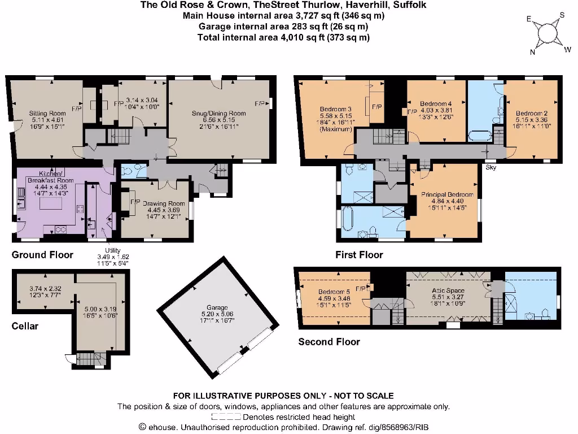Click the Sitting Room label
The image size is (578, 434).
coord(47,113)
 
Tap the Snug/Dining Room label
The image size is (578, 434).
coord(220,113)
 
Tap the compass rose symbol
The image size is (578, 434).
coord(546,32)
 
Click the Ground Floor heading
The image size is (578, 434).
coord(42,255)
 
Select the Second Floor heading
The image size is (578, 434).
coord(329,341)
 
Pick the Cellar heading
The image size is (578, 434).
coord(25,326)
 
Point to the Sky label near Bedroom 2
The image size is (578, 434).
coord(489,168)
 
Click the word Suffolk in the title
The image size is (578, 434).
coord(411,5)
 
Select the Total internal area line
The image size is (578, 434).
coord(283,37)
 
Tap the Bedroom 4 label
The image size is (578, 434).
coord(436,104)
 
